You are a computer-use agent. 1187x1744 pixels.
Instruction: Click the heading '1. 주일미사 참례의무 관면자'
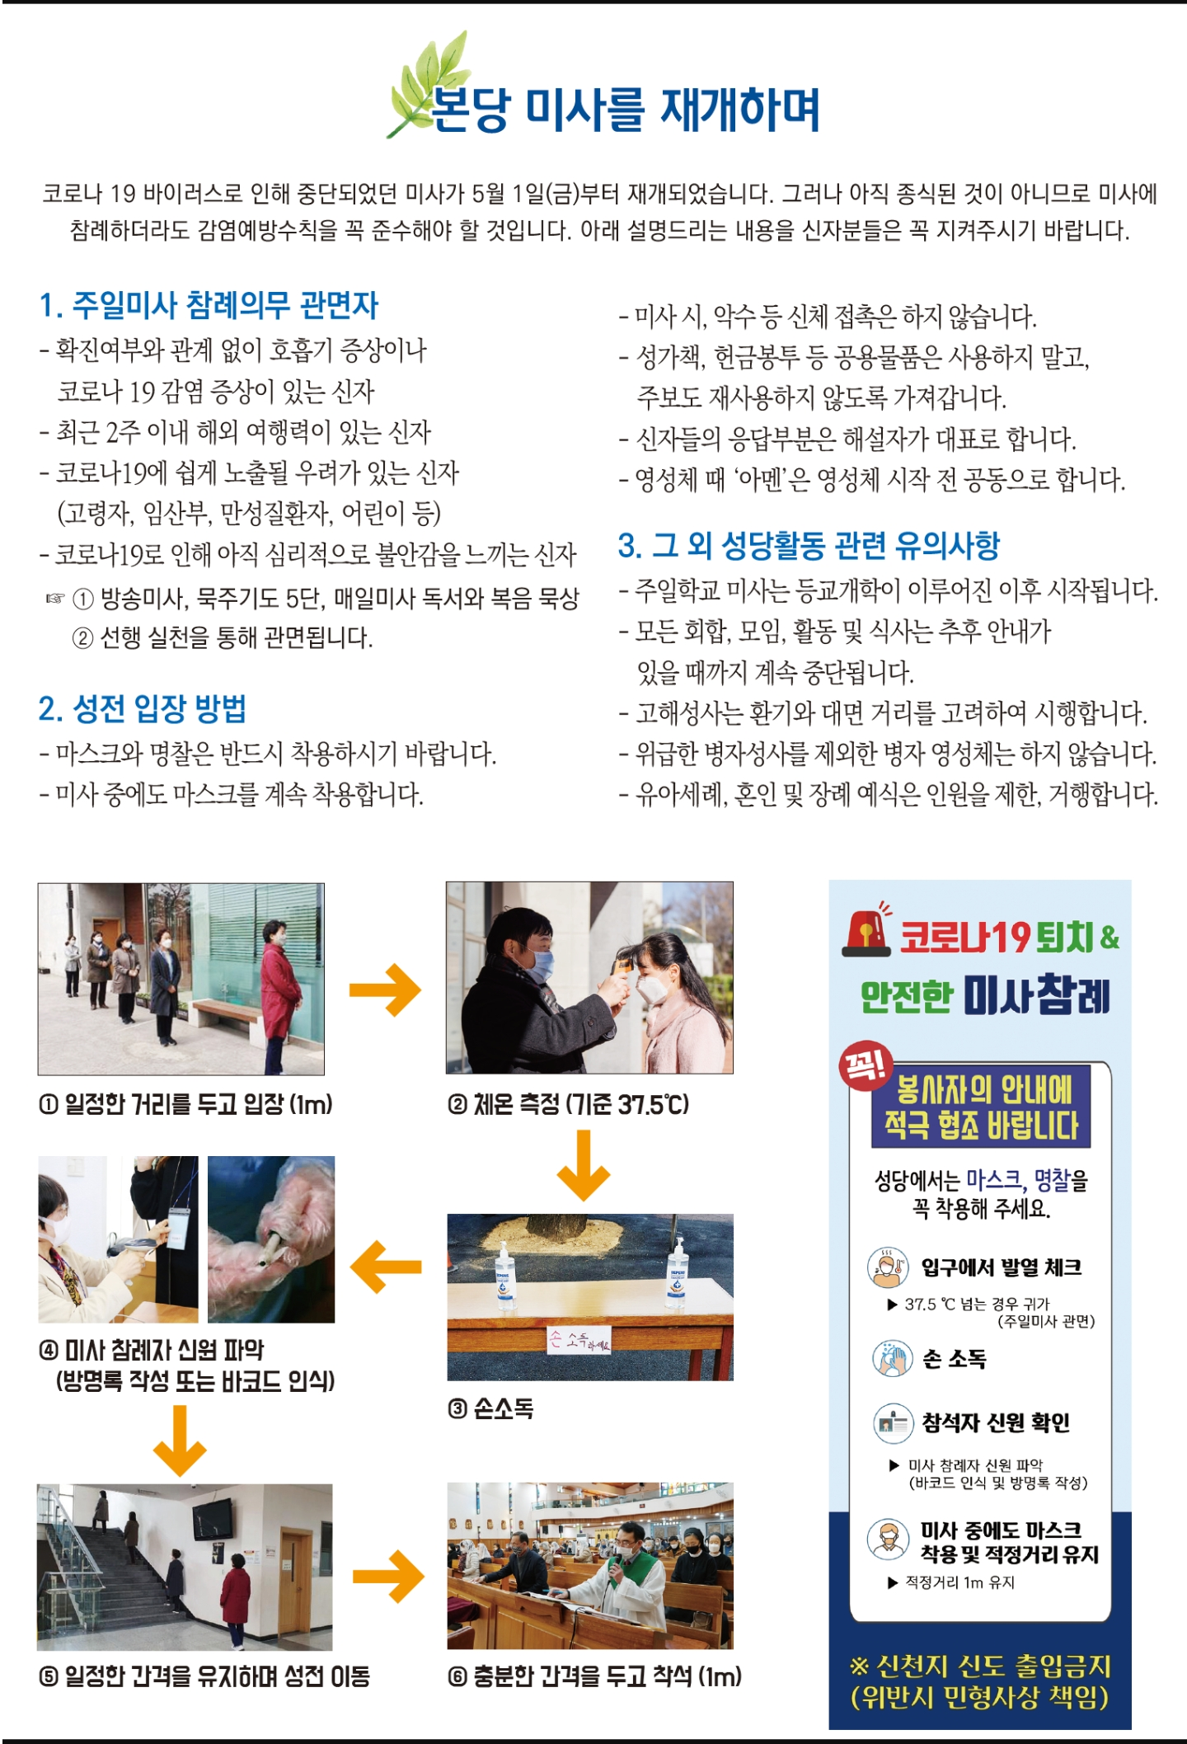pyautogui.click(x=209, y=305)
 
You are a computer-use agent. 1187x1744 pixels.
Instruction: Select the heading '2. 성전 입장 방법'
pyautogui.click(x=142, y=708)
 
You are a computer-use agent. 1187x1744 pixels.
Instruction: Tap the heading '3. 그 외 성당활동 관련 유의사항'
pyautogui.click(x=809, y=545)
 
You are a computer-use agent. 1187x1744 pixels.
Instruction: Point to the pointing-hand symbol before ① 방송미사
pyautogui.click(x=54, y=599)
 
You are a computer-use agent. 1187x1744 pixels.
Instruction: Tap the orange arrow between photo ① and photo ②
pyautogui.click(x=385, y=990)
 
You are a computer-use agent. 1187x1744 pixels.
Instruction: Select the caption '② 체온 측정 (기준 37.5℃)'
pyautogui.click(x=568, y=1104)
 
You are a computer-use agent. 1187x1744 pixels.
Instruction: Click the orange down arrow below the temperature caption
pyautogui.click(x=584, y=1165)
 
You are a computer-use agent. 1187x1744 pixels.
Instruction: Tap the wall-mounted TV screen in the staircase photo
pyautogui.click(x=213, y=1520)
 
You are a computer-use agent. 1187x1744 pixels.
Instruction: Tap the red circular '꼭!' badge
pyautogui.click(x=866, y=1066)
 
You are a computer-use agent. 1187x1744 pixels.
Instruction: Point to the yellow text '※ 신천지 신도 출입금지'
pyautogui.click(x=980, y=1666)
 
